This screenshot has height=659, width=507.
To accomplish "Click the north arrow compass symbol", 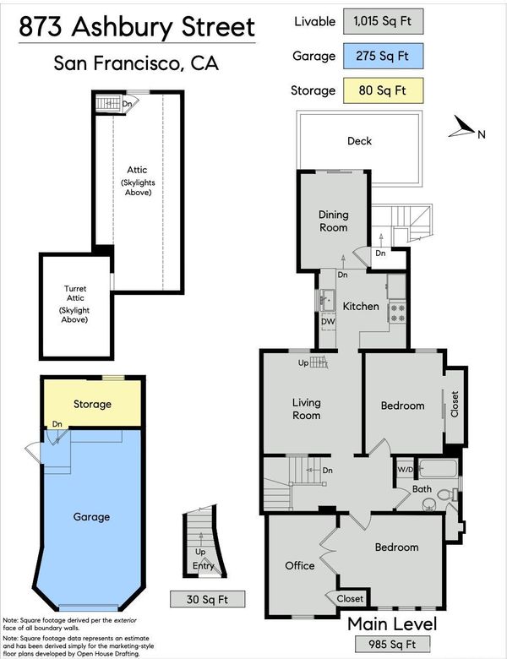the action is click(x=461, y=127).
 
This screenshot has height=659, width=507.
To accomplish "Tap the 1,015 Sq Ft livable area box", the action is click(x=383, y=21).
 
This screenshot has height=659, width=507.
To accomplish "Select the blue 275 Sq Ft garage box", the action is click(x=383, y=56).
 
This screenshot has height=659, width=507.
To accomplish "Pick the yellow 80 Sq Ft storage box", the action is click(x=383, y=90).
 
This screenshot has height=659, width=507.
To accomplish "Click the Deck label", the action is click(x=359, y=141).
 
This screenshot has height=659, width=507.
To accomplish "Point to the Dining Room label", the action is click(x=334, y=221).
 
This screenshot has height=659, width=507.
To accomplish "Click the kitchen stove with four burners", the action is click(x=397, y=313).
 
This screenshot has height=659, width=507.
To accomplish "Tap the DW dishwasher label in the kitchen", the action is click(x=328, y=322).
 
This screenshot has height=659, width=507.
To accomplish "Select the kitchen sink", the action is click(x=327, y=300).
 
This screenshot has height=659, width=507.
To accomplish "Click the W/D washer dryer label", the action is click(x=406, y=470).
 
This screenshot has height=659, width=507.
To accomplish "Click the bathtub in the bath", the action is click(x=438, y=469).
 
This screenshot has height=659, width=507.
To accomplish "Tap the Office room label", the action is click(x=300, y=566).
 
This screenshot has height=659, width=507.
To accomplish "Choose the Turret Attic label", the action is click(x=75, y=293).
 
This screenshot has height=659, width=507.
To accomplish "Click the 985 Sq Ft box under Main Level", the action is click(x=392, y=644).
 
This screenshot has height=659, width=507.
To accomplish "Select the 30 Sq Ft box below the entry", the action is click(x=207, y=599).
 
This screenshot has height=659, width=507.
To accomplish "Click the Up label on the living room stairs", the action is click(x=303, y=362).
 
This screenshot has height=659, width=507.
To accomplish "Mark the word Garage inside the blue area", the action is click(x=91, y=517).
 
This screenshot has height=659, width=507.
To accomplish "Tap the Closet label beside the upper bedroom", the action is click(x=455, y=404).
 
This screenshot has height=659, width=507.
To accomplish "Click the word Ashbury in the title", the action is click(x=123, y=27).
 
